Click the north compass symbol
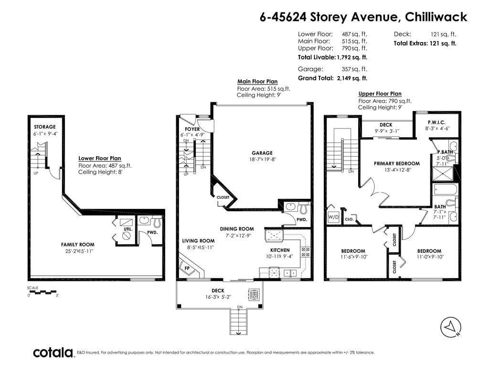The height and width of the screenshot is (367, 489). coord(451,327)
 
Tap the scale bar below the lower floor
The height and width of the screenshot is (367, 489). coord(43,292)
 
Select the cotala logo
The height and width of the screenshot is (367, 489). coord(53,353)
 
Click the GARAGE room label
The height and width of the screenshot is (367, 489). coord(262,153)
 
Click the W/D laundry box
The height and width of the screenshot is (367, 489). coord(333,217)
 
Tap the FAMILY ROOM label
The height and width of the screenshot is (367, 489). coord(78,245)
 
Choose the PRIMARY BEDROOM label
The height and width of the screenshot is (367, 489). coord(397,163)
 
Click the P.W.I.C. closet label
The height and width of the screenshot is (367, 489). coord(436,122)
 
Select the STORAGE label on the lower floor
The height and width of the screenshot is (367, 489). coord(44,127)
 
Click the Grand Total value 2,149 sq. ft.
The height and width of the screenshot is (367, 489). coord(352,78)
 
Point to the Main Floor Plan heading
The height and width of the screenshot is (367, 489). coord(257,81)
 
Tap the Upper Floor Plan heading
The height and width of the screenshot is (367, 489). coord(380,94)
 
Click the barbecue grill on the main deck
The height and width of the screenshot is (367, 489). coord(254,294)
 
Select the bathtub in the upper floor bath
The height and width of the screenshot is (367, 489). coord(446,189)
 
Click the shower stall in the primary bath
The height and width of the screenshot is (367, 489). coord(443,173)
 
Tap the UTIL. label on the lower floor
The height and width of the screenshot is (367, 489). coord(128,229)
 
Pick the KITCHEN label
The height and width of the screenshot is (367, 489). coord(280,250)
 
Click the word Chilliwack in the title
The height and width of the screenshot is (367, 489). coord(436,17)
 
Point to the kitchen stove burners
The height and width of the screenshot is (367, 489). coord(305,252)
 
